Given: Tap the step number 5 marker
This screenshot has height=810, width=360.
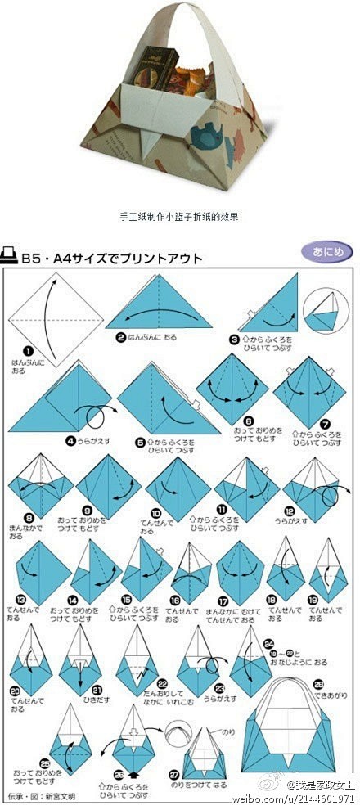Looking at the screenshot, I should pos(141,442).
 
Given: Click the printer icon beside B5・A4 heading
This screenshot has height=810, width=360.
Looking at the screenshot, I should pos(11,257).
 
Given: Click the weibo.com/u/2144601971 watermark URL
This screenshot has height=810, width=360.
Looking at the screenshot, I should pos(300,798).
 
